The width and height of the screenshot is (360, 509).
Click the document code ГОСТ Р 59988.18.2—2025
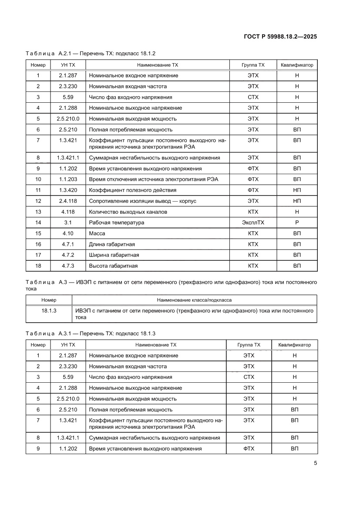[x=280, y=37]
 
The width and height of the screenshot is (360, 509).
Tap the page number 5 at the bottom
[x=315, y=463]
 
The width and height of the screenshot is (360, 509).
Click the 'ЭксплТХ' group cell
[x=253, y=222]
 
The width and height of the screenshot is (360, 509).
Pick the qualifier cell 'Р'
[x=297, y=222]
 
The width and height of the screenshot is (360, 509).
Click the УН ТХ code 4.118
[x=67, y=212]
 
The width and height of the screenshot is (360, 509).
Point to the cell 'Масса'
[x=97, y=233]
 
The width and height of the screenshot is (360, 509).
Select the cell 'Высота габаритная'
[x=113, y=266]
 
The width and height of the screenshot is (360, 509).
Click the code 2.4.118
[x=67, y=201]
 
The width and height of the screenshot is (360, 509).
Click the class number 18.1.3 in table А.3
[x=49, y=311]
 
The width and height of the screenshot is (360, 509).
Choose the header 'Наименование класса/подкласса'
[x=194, y=300]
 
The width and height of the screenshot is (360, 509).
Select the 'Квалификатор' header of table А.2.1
[x=297, y=65]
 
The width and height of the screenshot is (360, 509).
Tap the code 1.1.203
[x=67, y=179]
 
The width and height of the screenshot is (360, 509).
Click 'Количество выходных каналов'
[x=128, y=212]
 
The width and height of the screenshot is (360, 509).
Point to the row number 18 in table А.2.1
[x=38, y=266]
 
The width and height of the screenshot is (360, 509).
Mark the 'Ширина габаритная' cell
[x=114, y=255]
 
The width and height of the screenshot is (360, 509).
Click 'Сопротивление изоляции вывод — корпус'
[x=140, y=201]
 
